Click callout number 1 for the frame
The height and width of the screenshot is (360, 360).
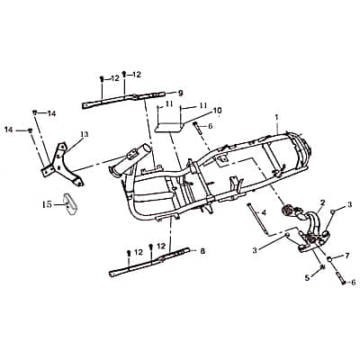[277, 118]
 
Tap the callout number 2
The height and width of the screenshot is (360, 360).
[322, 202]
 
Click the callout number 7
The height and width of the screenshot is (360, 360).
[347, 256]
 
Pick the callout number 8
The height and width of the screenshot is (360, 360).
[203, 250]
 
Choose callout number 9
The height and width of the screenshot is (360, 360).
[180, 92]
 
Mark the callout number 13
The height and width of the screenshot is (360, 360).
[84, 134]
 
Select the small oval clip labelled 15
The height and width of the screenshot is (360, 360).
[66, 202]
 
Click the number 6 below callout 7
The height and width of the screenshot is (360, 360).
[353, 283]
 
